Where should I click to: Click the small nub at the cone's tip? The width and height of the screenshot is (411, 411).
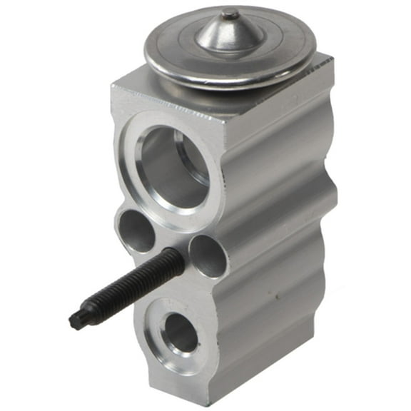pyautogui.click(x=230, y=14)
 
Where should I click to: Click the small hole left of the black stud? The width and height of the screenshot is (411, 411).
pyautogui.click(x=136, y=231)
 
